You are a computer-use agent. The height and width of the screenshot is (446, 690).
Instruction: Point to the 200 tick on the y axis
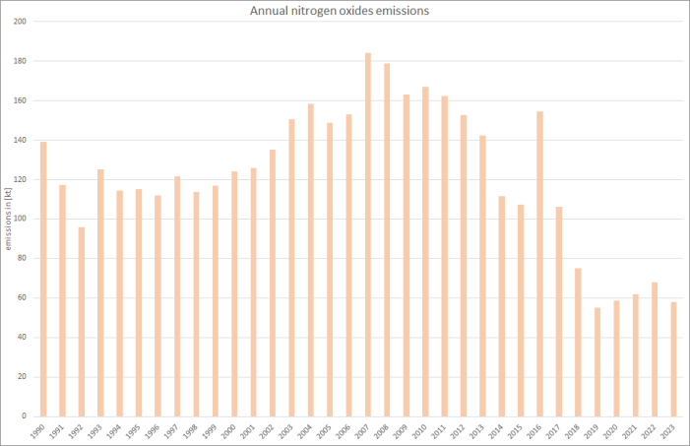(x=20, y=22)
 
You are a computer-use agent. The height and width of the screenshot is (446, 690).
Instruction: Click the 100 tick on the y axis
(x=20, y=219)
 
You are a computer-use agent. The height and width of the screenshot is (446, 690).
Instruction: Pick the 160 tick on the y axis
(x=20, y=100)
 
